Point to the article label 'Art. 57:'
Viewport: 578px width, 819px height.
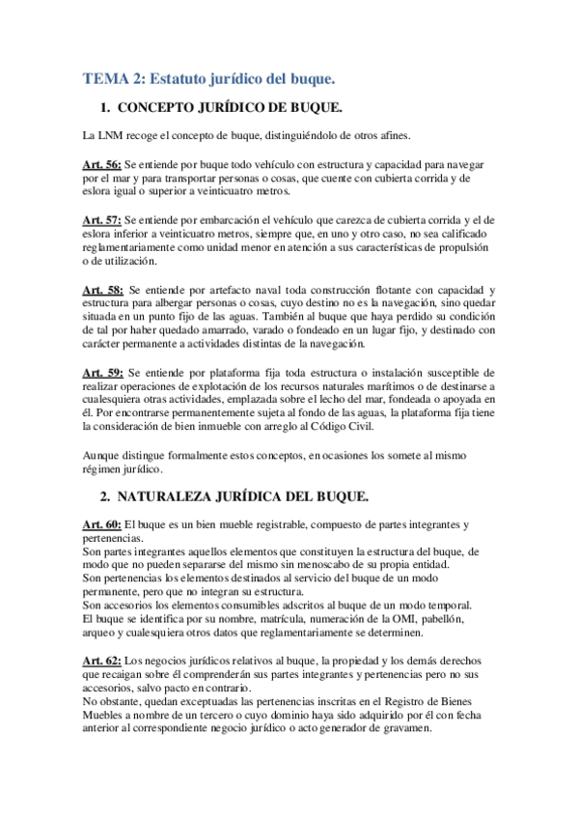coord(102,221)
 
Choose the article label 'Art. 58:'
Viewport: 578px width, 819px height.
coord(102,290)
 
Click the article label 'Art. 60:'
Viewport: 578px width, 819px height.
coord(102,524)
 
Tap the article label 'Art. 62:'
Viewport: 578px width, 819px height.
coord(102,662)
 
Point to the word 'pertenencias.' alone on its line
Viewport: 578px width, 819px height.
coord(112,538)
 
